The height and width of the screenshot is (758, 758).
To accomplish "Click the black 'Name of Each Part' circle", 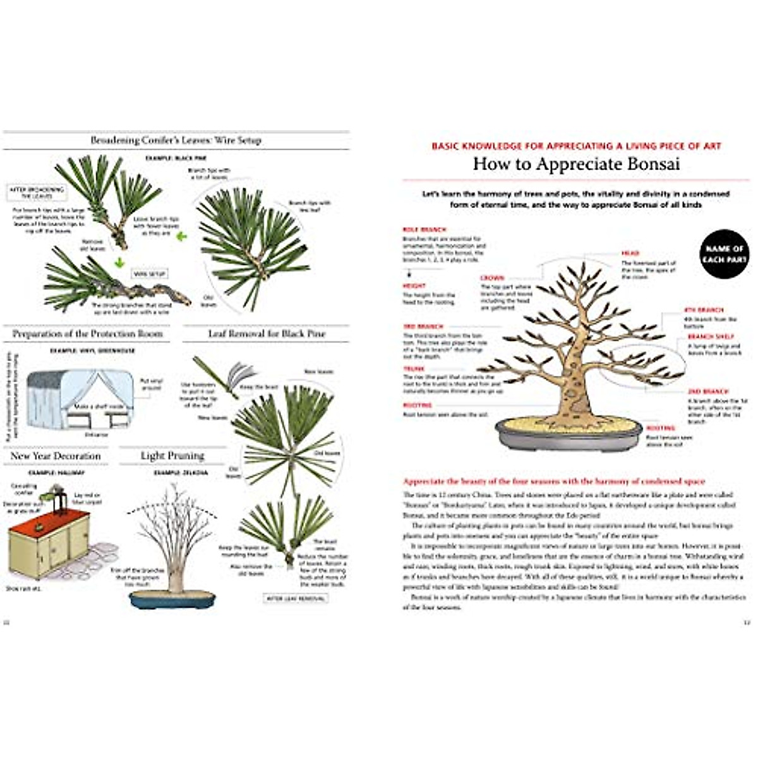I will [725, 254].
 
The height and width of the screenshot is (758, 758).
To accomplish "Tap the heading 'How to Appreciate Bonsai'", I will [576, 164].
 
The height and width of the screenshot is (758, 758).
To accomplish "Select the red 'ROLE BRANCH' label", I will [424, 229].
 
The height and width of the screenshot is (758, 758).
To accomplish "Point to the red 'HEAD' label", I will [630, 253].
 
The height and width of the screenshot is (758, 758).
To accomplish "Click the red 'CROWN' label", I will [492, 278].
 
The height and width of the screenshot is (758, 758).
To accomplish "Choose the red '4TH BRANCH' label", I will [704, 310].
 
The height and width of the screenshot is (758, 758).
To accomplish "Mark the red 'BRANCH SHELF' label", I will [711, 337].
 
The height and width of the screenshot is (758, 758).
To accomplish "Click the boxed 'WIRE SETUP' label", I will [149, 274].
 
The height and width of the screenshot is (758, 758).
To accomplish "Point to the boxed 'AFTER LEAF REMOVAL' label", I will [296, 598].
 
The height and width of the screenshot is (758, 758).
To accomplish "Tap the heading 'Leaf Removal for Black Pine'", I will [267, 334].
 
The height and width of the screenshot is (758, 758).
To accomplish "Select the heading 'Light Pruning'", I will [172, 455].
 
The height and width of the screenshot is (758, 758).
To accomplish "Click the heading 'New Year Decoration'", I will [56, 455].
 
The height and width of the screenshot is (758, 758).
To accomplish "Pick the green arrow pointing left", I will [182, 237].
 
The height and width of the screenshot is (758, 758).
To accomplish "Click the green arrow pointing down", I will [118, 262].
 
